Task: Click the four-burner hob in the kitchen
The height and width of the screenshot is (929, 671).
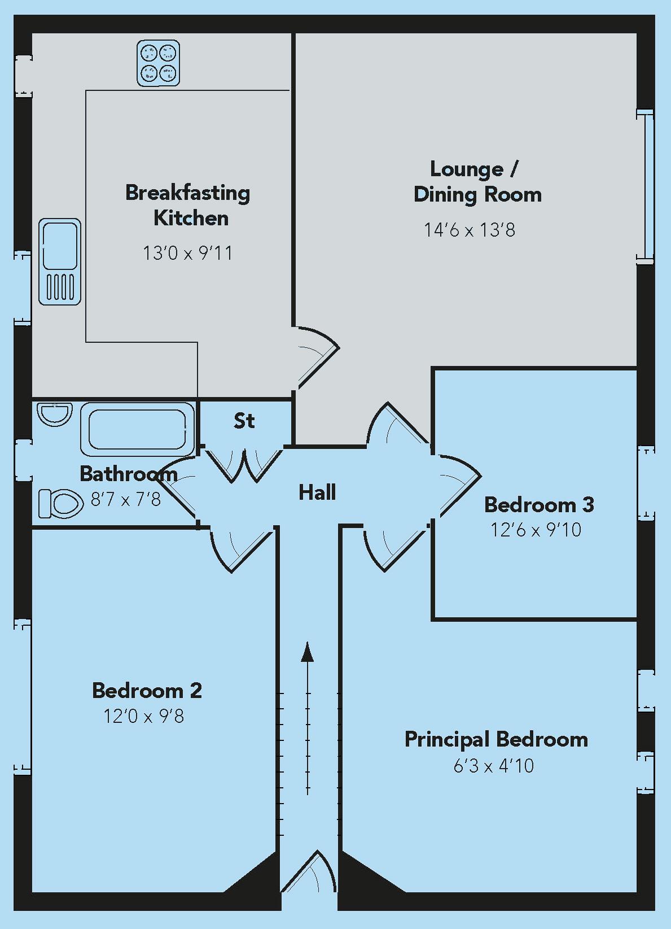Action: [x=159, y=63]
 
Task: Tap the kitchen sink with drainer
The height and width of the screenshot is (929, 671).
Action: [x=60, y=262]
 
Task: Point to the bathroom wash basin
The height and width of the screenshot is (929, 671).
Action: [x=55, y=413]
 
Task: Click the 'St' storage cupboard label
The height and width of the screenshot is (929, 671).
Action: [x=244, y=421]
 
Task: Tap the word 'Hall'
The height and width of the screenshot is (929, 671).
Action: [x=317, y=492]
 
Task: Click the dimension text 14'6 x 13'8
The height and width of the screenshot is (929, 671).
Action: [x=470, y=230]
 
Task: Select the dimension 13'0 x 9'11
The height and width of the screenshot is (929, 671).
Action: [x=187, y=254]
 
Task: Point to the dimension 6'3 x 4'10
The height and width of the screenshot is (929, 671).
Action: [x=494, y=766]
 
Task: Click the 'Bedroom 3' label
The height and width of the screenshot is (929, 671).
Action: [x=539, y=504]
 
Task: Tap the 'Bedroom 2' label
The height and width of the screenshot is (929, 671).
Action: [x=147, y=691]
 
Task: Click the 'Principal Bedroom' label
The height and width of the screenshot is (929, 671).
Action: [x=496, y=739]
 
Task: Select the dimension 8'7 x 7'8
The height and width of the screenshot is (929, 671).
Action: [x=126, y=499]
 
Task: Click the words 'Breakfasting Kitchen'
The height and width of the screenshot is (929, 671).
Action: [x=188, y=205]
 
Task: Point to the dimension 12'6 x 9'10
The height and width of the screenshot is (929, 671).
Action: [x=536, y=530]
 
